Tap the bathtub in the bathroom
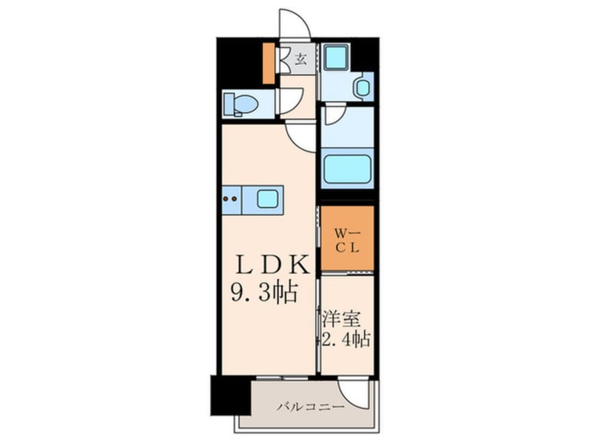346,168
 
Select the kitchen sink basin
268,198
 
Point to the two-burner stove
231,199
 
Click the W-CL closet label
347,239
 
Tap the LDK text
271,264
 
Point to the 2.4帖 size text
346,340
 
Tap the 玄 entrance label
300,59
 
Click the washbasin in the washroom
362,88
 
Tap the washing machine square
335,57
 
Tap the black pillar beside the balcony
229,395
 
